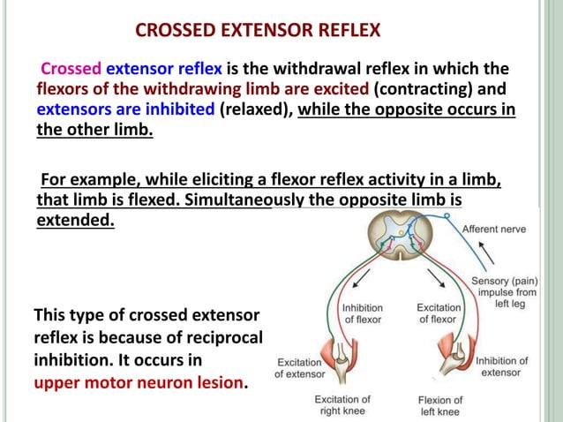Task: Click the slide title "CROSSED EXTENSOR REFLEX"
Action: click(259, 32)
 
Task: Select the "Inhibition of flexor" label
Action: click(362, 313)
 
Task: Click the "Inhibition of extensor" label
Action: click(502, 366)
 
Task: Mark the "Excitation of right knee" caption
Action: click(343, 405)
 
